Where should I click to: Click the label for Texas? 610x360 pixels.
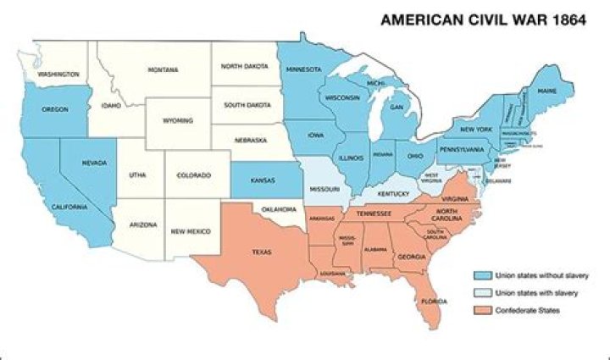coord(260,252)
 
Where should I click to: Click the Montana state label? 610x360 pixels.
coord(163,69)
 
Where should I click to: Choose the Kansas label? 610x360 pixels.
coord(263,180)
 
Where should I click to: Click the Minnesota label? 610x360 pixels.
coord(303,69)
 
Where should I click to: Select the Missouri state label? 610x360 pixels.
coord(324,189)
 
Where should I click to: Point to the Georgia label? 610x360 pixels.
coord(412,257)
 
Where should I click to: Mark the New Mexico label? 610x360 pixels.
coord(191,230)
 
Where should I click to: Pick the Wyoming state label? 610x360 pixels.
coord(177,121)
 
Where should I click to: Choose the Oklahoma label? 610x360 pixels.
coord(280,208)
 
